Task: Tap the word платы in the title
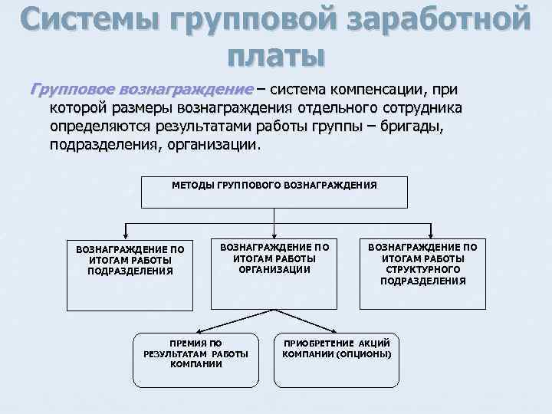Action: (276, 56)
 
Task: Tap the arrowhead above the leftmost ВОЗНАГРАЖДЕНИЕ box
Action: (126, 235)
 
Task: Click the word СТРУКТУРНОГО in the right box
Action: (422, 270)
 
